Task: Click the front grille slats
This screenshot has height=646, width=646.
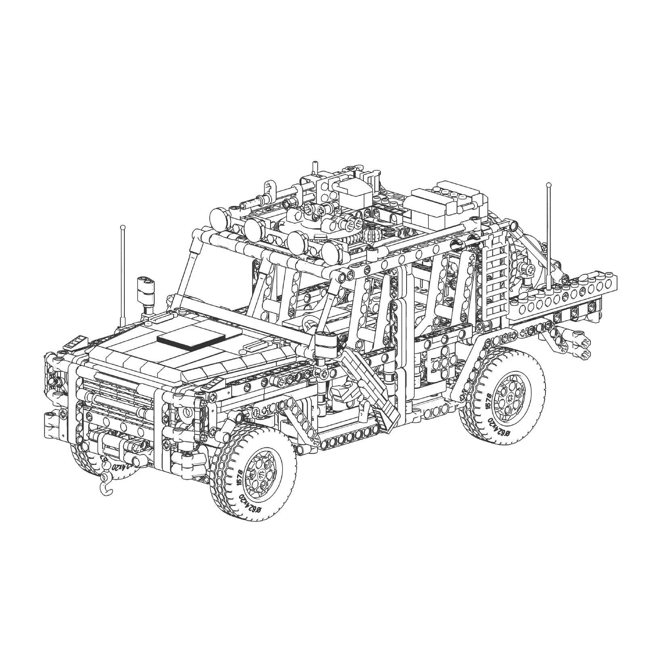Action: coord(117,400)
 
